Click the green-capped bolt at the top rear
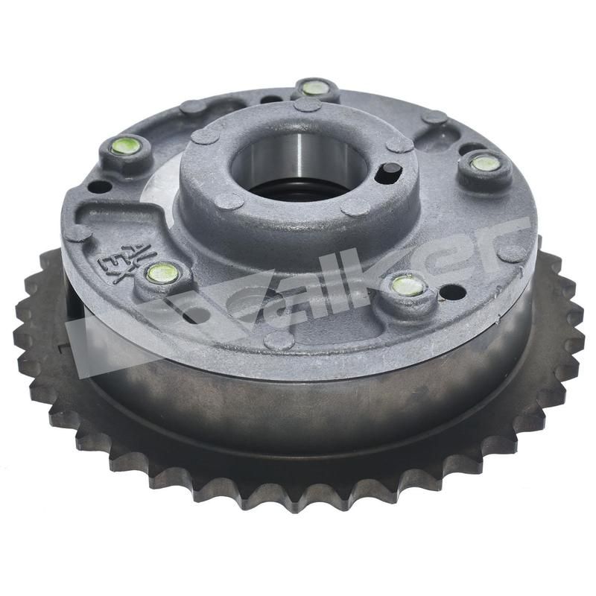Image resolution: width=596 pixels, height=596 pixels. click(x=315, y=88)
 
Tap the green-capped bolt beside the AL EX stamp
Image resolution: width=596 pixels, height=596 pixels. click(x=162, y=273)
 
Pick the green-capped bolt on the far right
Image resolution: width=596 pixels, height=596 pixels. click(x=486, y=162)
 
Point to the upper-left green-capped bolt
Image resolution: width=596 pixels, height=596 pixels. click(x=125, y=146)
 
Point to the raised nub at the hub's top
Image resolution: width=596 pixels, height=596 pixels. click(x=307, y=104)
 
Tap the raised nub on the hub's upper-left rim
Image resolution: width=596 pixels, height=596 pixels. click(x=205, y=136)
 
